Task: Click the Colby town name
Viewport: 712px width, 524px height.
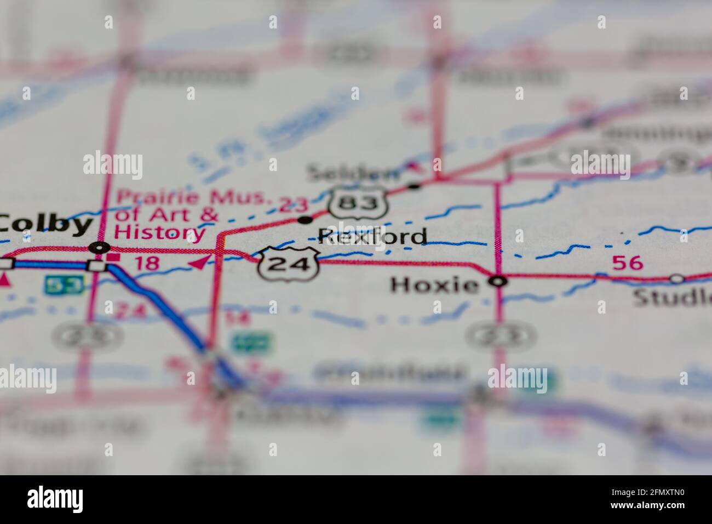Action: click(46, 224)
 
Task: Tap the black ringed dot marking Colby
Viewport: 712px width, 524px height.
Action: click(100, 248)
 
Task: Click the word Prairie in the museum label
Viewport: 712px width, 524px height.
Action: click(148, 197)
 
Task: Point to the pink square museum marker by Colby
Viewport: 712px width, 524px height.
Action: click(114, 257)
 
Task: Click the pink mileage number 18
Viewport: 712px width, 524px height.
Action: click(147, 263)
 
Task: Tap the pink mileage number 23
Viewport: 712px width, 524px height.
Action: click(294, 205)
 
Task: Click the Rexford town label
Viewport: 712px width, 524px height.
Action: click(372, 236)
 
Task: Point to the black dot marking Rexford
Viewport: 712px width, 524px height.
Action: click(305, 220)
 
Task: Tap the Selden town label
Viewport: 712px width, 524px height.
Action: click(353, 173)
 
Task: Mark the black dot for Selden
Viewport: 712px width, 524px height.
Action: click(415, 186)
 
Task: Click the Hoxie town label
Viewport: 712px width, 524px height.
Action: click(434, 284)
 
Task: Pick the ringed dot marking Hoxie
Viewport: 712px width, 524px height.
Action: click(498, 282)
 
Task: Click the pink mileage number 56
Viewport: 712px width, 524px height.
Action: click(628, 263)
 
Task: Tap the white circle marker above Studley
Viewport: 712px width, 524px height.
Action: click(677, 279)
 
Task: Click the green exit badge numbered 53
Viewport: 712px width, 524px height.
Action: click(64, 284)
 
